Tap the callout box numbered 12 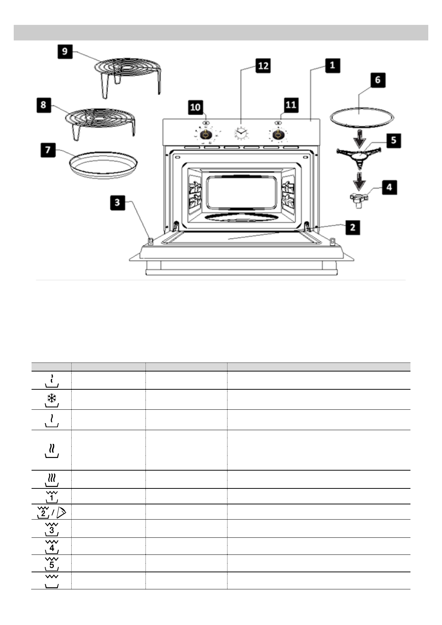pyautogui.click(x=263, y=66)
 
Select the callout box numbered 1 pyautogui.click(x=332, y=65)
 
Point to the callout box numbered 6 pyautogui.click(x=377, y=80)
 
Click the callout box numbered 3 pyautogui.click(x=117, y=202)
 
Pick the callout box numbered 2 pyautogui.click(x=352, y=227)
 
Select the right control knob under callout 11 pyautogui.click(x=276, y=135)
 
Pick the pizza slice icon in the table pyautogui.click(x=62, y=513)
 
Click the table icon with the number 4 pyautogui.click(x=52, y=547)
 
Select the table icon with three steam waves pyautogui.click(x=52, y=479)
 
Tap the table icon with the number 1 pyautogui.click(x=52, y=496)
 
